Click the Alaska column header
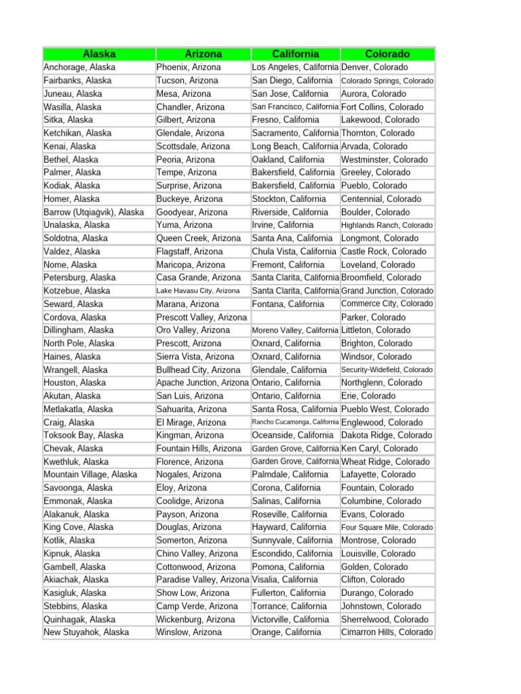click(x=99, y=54)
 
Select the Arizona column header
click(x=203, y=54)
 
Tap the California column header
click(x=295, y=54)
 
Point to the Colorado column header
click(x=387, y=54)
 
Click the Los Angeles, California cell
click(x=295, y=68)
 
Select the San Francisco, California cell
click(x=295, y=107)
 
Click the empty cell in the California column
click(x=295, y=317)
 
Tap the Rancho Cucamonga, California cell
click(x=295, y=422)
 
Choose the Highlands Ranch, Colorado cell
click(x=387, y=225)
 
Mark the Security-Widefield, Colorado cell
click(x=387, y=370)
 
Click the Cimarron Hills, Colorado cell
click(x=387, y=632)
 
